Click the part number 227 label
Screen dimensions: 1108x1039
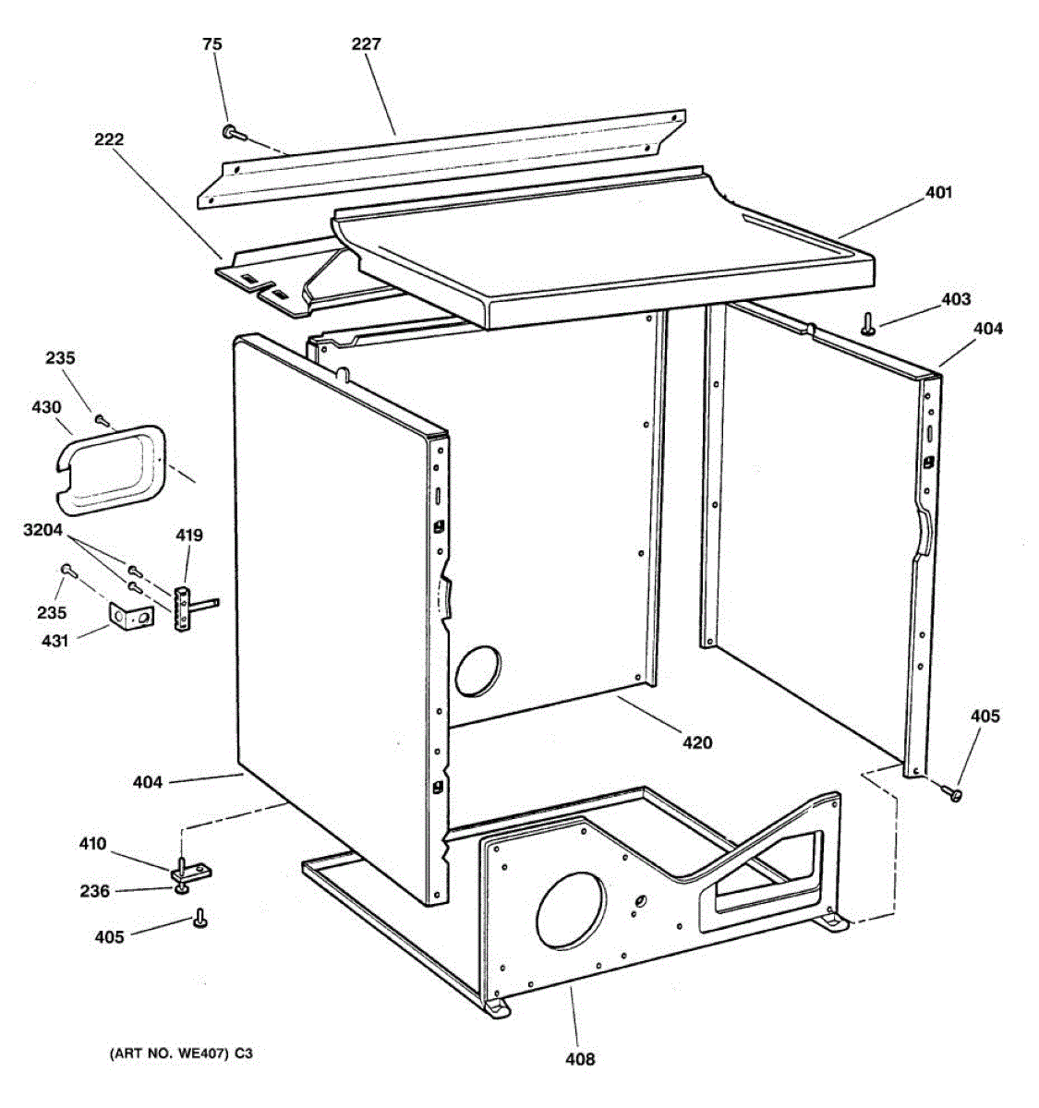[366, 43]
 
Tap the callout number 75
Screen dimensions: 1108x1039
[212, 43]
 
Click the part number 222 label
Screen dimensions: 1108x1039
[108, 139]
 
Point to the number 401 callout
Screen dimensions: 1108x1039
[938, 192]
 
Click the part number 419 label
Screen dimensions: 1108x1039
[189, 535]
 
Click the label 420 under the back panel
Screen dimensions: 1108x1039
[697, 741]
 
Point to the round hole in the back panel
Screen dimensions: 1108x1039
[478, 668]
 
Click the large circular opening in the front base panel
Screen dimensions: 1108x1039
[572, 912]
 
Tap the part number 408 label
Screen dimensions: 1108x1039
[580, 1058]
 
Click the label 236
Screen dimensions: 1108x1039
[94, 891]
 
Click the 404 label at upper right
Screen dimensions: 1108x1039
[987, 328]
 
